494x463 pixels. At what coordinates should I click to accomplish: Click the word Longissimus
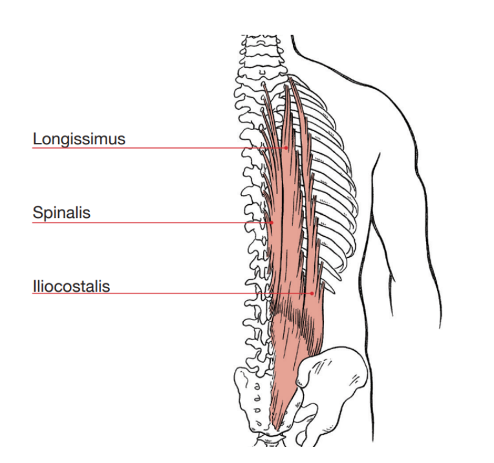(78, 139)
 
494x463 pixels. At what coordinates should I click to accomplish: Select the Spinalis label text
(61, 213)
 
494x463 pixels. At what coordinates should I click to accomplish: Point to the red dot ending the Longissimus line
(286, 147)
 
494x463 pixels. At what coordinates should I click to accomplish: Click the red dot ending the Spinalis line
(272, 222)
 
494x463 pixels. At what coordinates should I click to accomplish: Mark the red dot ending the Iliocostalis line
(312, 294)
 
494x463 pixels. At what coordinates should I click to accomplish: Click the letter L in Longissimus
(37, 139)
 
